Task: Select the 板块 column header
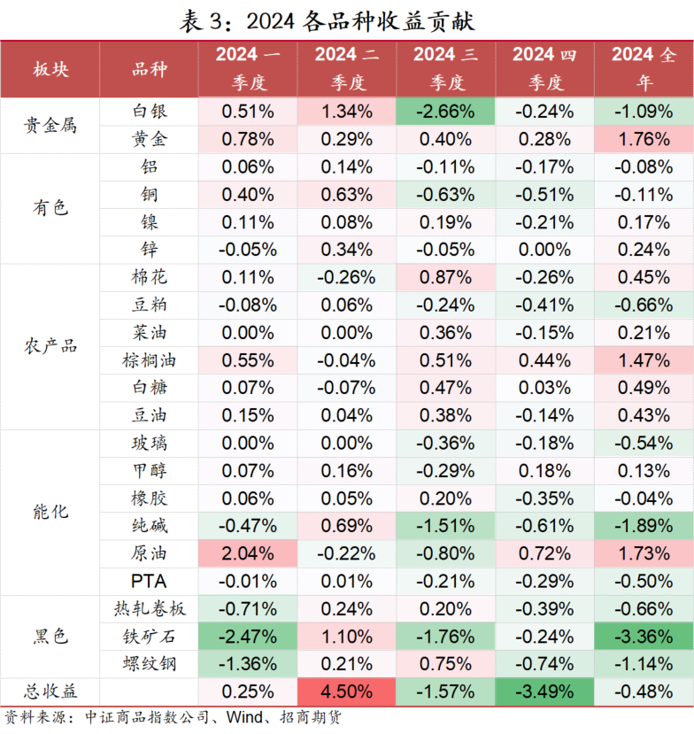tap(50, 69)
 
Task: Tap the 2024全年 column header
tap(644, 69)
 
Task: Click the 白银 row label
tap(149, 112)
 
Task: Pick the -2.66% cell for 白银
tap(445, 112)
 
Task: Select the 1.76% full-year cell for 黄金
tap(644, 139)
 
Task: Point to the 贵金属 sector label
tap(50, 125)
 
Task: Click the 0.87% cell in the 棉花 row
tap(445, 277)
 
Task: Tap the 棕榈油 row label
tap(149, 360)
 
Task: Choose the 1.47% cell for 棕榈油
tap(644, 360)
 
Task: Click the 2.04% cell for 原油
tap(247, 553)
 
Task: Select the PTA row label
tap(149, 581)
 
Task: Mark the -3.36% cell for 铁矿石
tap(644, 636)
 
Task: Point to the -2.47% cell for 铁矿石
tap(247, 636)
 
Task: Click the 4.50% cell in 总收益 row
tap(346, 691)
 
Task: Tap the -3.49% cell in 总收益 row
tap(545, 691)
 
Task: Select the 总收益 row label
tap(50, 691)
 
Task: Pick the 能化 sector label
tap(50, 512)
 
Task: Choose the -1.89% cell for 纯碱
tap(644, 526)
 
